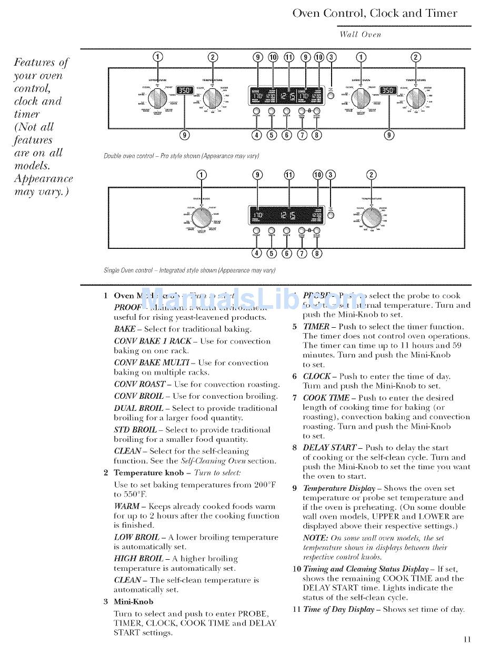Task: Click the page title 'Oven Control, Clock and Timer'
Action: (375, 13)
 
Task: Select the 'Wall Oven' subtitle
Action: (360, 35)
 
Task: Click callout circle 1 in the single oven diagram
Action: (202, 175)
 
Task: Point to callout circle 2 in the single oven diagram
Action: (372, 175)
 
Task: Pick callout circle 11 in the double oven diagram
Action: (289, 57)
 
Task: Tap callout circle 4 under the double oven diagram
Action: (256, 135)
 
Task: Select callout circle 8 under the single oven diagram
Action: (317, 253)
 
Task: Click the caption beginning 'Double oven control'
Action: (182, 156)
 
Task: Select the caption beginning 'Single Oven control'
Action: (189, 270)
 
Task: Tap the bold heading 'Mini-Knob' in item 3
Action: (134, 602)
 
